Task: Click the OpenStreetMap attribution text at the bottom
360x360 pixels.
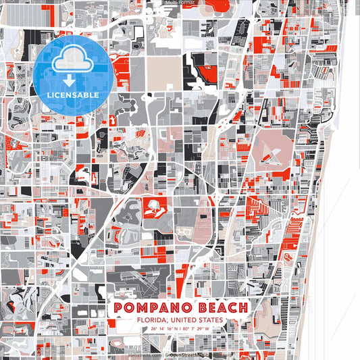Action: point(196,354)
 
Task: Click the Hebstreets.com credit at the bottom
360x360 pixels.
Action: point(146,354)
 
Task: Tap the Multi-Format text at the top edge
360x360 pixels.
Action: point(180,3)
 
